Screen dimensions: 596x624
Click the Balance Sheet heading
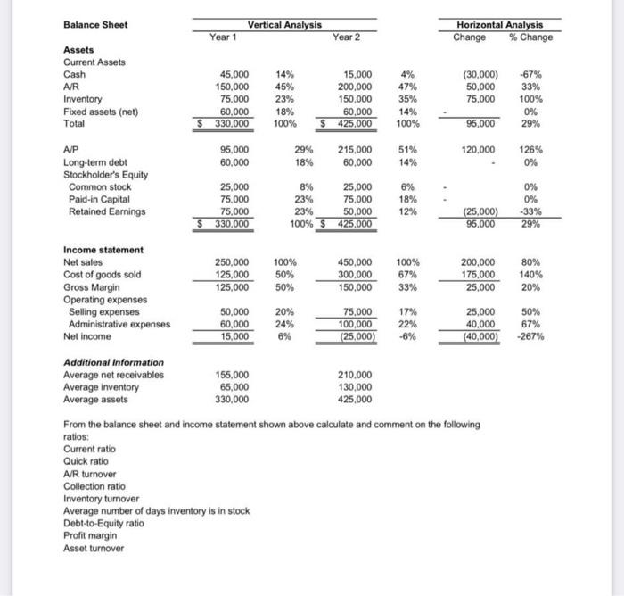coord(95,24)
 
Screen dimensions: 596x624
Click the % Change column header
coord(530,37)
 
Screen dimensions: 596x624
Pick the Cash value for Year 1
coord(234,75)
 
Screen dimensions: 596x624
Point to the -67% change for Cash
coord(540,75)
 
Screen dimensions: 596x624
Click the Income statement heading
coord(103,251)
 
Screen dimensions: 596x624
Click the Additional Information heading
coord(113,362)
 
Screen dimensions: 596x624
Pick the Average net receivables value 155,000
coord(234,375)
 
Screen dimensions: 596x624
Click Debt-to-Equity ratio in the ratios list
coord(103,523)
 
